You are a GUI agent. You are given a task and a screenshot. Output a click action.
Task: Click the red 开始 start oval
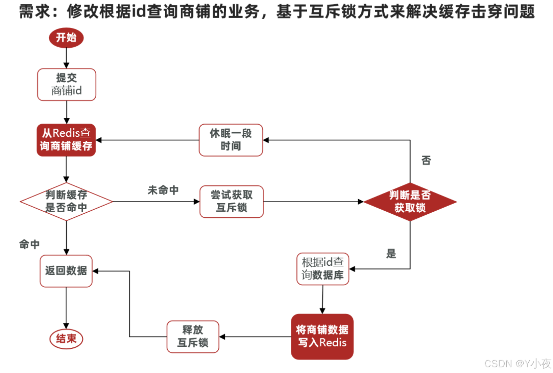pos(66,37)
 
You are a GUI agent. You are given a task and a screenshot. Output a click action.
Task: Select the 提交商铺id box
pos(67,84)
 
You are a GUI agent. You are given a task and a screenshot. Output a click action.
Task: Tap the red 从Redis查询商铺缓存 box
pos(66,140)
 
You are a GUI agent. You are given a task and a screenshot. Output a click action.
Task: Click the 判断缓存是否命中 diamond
pos(66,202)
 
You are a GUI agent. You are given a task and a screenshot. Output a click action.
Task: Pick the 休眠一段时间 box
pos(231,140)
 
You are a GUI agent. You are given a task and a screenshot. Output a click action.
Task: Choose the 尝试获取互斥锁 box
pos(232,202)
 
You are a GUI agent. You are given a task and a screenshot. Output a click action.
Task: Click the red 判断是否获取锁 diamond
pos(410,202)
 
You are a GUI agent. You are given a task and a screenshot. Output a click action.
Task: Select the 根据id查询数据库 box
pos(323,269)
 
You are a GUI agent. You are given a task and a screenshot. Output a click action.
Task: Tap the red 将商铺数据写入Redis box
pos(322,336)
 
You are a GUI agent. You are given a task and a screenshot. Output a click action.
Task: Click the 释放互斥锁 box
pos(193,336)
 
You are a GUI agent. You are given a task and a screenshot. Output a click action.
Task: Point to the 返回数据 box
pos(66,271)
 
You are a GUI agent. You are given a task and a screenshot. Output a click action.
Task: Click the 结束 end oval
pos(66,339)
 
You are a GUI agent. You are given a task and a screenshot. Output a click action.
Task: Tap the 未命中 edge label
pos(163,190)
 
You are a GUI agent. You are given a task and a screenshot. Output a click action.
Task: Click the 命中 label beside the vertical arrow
pos(29,244)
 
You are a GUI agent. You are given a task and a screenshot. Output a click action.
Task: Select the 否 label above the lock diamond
pos(426,160)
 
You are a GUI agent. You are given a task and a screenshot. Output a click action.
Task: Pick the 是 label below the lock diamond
pos(391,254)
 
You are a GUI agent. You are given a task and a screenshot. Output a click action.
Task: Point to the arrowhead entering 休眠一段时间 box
pos(266,140)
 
